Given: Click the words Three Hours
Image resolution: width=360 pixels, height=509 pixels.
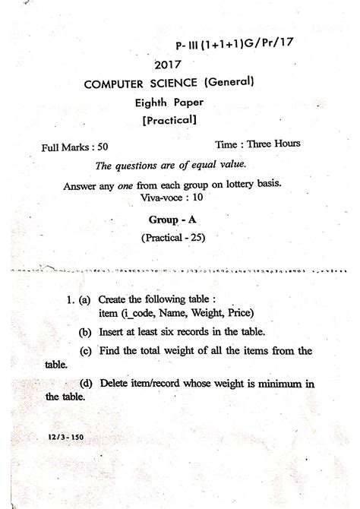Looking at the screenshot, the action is point(275,144).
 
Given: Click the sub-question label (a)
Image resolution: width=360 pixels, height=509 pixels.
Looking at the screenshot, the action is point(85,301).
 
